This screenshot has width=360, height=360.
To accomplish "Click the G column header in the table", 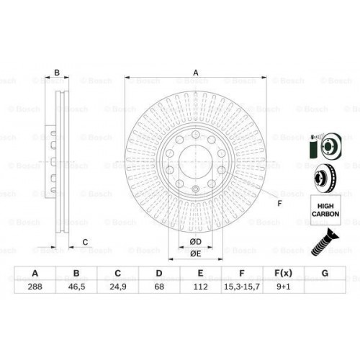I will click(x=325, y=274).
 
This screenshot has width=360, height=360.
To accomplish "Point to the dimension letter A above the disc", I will click(x=194, y=72).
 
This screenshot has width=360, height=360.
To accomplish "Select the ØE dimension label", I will click(x=194, y=253).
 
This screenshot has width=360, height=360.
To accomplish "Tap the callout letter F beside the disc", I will click(x=280, y=203).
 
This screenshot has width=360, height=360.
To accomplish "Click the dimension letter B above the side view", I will click(x=57, y=72).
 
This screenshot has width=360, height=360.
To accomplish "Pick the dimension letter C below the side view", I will click(x=85, y=241).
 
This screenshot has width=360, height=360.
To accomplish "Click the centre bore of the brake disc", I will click(x=194, y=160).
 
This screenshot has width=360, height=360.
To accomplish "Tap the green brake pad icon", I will click(x=312, y=149).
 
